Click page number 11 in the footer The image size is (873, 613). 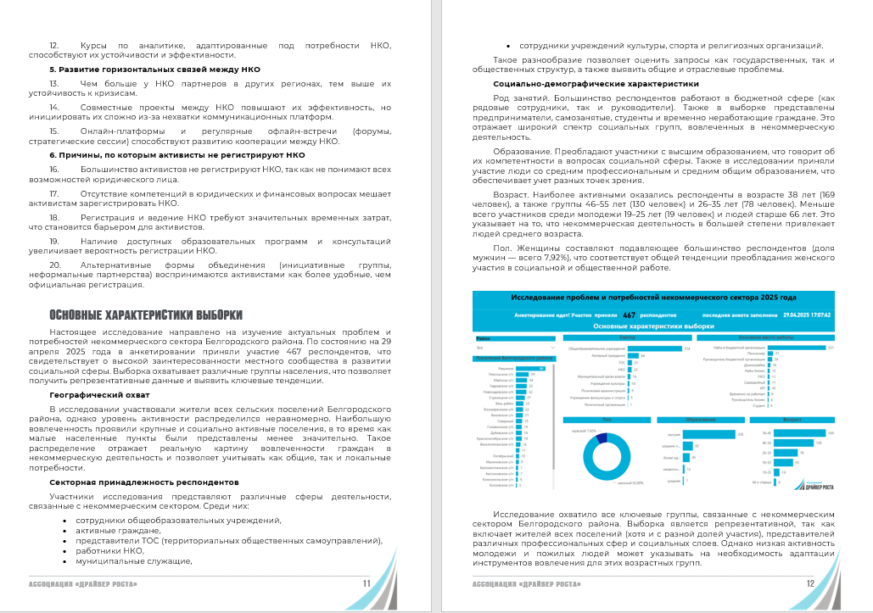point(366,583)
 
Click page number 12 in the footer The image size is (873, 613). point(810,583)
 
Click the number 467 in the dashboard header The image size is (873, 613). point(629,314)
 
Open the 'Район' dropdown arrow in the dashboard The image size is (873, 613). point(554,347)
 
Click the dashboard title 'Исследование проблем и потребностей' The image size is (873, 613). point(653,298)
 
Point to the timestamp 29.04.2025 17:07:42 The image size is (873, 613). point(806,314)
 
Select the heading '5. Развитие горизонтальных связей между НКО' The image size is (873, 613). point(154,69)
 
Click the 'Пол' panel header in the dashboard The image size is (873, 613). point(607,419)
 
